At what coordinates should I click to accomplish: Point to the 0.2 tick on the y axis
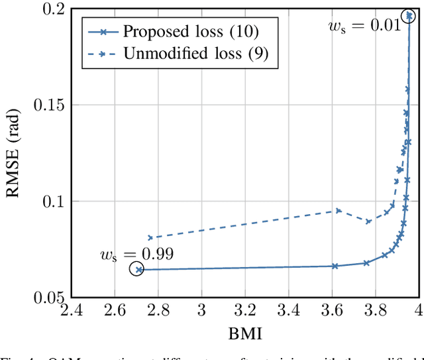tap(52, 9)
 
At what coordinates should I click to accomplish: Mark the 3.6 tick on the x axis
tap(333, 312)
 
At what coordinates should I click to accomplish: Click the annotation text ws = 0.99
tap(136, 253)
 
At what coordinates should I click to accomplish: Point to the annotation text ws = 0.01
tap(364, 26)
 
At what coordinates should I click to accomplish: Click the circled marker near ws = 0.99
tap(136, 269)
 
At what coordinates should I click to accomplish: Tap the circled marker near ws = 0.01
tap(409, 17)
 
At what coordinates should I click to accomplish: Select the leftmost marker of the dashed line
tap(150, 237)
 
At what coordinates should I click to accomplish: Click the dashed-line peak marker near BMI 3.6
tap(338, 211)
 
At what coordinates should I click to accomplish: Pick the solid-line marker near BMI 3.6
tap(335, 266)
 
